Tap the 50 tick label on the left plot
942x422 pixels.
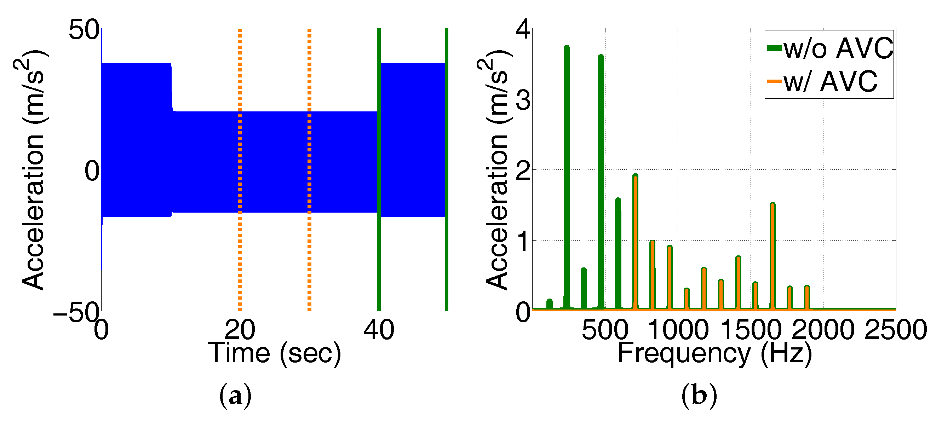click(84, 30)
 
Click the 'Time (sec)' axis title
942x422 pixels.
click(274, 353)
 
